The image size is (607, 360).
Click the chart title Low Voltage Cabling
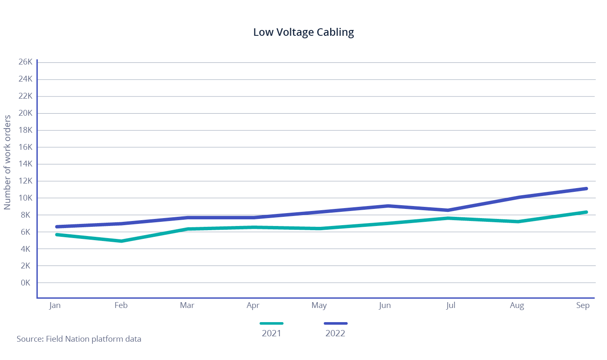303,32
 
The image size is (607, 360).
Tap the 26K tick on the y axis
25,62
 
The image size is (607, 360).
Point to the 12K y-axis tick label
25,181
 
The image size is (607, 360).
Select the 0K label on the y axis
25,283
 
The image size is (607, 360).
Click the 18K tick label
25,130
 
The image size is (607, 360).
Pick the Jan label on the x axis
55,305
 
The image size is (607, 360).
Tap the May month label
319,305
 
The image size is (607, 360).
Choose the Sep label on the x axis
583,305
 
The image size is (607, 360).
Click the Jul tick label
450,305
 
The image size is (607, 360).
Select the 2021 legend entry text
271,333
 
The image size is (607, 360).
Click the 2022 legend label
335,333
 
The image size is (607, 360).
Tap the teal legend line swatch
271,323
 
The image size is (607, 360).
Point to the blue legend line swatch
336,323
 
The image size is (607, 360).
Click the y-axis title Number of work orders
7,162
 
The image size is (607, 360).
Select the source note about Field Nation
79,339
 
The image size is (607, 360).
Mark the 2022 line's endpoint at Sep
586,189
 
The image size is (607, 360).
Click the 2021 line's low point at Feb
121,241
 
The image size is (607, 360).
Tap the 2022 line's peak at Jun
388,206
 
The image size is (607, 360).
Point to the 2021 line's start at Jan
57,235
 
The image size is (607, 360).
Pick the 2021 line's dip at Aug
517,221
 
